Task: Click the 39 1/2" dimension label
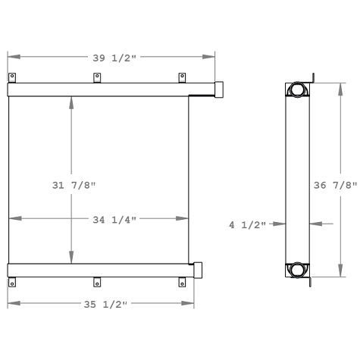click(111, 57)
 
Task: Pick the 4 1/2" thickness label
click(249, 224)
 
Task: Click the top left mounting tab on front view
click(12, 78)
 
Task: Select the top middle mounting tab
click(96, 78)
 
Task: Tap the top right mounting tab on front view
click(181, 78)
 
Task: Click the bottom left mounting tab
click(12, 282)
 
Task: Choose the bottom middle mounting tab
click(96, 282)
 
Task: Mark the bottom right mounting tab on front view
click(181, 282)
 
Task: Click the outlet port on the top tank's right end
click(219, 89)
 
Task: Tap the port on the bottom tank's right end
click(199, 269)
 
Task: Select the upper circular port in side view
click(296, 90)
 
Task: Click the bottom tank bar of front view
click(99, 269)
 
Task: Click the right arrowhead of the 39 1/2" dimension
click(211, 57)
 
